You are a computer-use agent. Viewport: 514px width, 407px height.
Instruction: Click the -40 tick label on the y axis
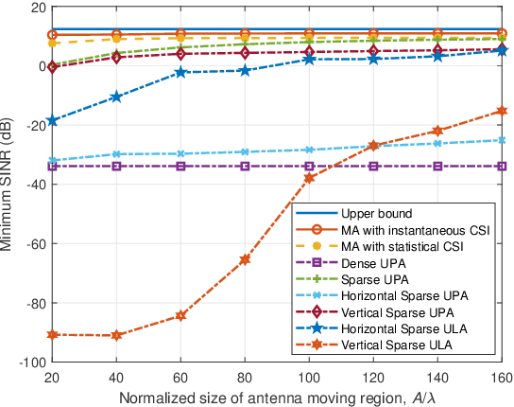pyautogui.click(x=33, y=185)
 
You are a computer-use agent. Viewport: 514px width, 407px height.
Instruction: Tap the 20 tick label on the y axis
pyautogui.click(x=37, y=7)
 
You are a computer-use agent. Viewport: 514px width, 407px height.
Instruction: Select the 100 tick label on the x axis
pyautogui.click(x=309, y=376)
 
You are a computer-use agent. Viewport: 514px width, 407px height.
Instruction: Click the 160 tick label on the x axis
pyautogui.click(x=504, y=376)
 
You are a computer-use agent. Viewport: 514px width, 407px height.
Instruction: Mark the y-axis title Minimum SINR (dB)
pyautogui.click(x=10, y=185)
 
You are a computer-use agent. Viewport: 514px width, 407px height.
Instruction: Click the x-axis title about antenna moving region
pyautogui.click(x=277, y=396)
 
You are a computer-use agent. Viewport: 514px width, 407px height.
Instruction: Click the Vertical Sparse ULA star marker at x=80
pyautogui.click(x=245, y=259)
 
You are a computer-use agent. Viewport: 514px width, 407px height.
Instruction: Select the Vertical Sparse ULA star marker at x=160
pyautogui.click(x=504, y=111)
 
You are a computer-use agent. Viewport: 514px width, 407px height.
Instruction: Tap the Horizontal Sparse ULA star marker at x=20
pyautogui.click(x=51, y=121)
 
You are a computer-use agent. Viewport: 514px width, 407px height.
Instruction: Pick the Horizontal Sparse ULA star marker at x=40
pyautogui.click(x=115, y=97)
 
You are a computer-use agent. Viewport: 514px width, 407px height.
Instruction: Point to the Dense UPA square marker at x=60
pyautogui.click(x=180, y=167)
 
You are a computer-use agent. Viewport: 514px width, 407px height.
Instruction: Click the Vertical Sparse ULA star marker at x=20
pyautogui.click(x=51, y=335)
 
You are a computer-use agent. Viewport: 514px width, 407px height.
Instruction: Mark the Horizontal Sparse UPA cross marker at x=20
pyautogui.click(x=51, y=161)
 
